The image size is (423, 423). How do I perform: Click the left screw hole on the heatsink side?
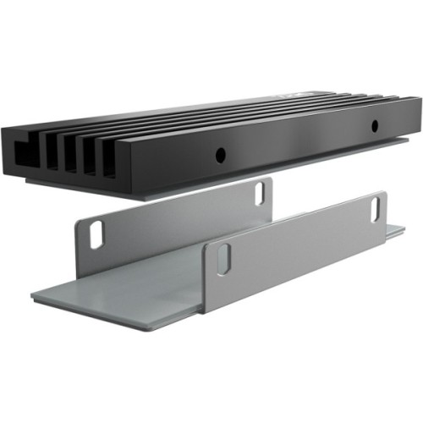tap(219, 155)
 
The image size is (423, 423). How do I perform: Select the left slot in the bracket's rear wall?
tap(96, 234)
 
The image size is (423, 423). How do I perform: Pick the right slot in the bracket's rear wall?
tap(260, 193)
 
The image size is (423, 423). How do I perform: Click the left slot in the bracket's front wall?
tap(222, 260)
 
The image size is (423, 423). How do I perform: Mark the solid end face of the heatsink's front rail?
tap(127, 164)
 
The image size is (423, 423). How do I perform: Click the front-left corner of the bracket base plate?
tap(34, 297)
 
